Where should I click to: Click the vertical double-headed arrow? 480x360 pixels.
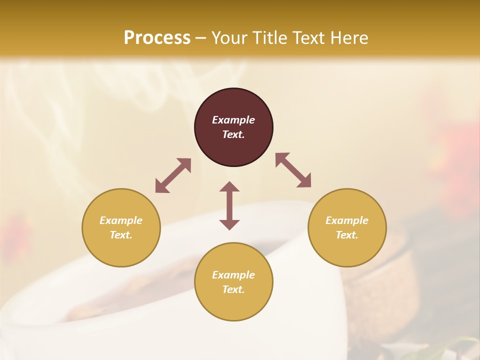pos(229,205)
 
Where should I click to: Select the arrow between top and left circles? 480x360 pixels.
pos(173,175)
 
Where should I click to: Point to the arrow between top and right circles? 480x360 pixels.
pos(293,170)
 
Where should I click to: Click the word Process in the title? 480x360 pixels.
pos(157,37)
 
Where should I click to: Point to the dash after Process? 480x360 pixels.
pos(201,38)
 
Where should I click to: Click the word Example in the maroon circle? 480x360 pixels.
pos(233,120)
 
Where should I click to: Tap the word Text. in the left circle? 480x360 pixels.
pos(121,235)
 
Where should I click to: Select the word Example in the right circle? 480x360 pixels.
pos(347,220)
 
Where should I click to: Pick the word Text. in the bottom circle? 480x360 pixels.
pos(233,289)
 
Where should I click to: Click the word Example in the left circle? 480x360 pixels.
pos(121,220)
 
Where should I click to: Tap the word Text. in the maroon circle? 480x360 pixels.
pos(233,134)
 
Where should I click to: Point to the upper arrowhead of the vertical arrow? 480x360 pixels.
pos(229,186)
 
